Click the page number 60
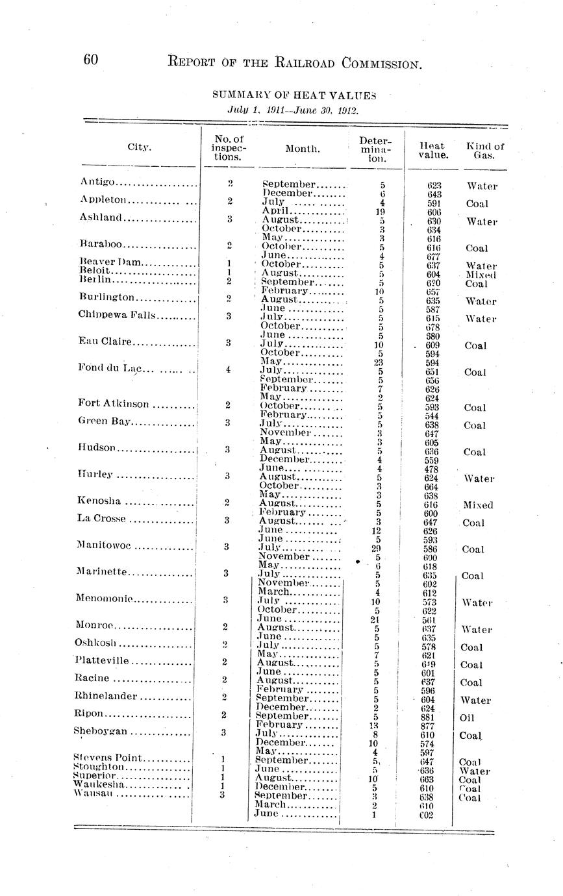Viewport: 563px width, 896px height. click(90, 60)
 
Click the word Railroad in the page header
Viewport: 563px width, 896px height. click(290, 62)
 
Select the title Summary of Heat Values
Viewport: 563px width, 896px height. click(294, 95)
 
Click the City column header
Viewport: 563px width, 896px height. click(139, 147)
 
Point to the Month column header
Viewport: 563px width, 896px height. click(303, 149)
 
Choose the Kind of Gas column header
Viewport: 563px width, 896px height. click(485, 151)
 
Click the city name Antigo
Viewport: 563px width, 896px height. click(98, 181)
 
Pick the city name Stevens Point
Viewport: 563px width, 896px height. click(104, 758)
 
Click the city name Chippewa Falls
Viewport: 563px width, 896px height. click(116, 316)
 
